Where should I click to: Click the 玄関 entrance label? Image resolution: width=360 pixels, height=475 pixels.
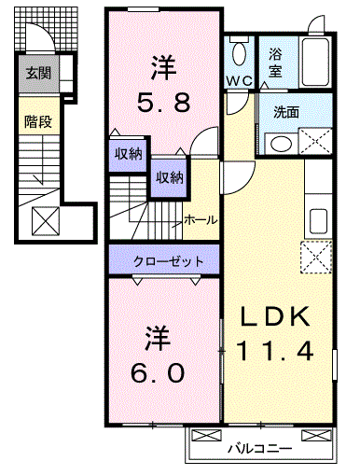[x=38, y=73]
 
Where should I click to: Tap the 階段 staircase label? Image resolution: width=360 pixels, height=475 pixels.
[x=38, y=120]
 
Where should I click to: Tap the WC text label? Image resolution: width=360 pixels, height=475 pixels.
[x=240, y=81]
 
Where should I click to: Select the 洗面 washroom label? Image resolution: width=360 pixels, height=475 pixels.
[x=286, y=110]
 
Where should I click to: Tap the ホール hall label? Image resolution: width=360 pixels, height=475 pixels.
[x=201, y=219]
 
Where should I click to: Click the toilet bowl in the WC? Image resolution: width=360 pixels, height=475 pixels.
[x=239, y=51]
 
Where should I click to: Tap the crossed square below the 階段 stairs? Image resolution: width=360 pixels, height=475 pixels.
[x=46, y=220]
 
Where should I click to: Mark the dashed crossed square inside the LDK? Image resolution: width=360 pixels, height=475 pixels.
[x=316, y=255]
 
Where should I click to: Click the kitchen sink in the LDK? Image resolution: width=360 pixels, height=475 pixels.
[x=318, y=221]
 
